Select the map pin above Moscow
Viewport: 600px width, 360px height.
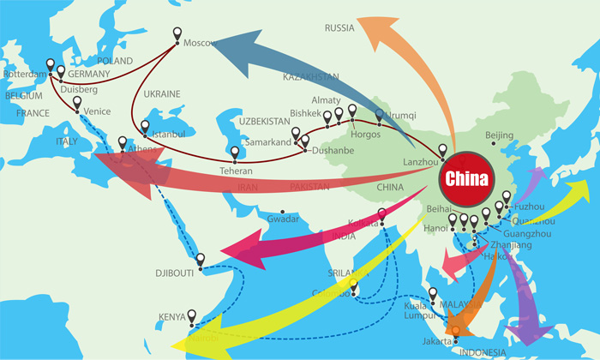177,34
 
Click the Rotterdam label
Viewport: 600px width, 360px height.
23,75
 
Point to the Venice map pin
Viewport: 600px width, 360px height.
76,102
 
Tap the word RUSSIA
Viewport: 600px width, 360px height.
339,28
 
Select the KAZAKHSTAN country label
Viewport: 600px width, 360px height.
311,77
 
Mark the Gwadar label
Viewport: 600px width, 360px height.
283,219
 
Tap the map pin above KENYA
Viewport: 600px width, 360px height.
192,315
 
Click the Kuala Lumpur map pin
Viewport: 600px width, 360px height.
433,294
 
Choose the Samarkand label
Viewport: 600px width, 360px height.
267,141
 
